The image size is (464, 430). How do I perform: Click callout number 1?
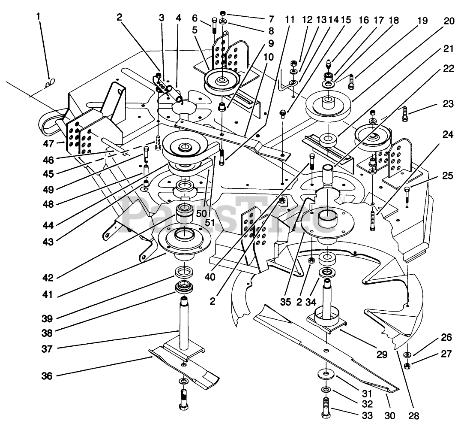pyautogui.click(x=38, y=16)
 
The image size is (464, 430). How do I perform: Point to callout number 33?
pyautogui.click(x=367, y=415)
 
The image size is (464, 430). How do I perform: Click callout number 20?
pyautogui.click(x=449, y=21)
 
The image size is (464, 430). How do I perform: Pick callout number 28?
pyautogui.click(x=414, y=416)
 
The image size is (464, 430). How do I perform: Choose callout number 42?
pyautogui.click(x=48, y=278)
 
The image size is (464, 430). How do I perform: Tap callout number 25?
pyautogui.click(x=448, y=176)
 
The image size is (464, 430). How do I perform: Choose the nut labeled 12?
pyautogui.click(x=294, y=63)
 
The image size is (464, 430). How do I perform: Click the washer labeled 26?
pyautogui.click(x=408, y=354)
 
